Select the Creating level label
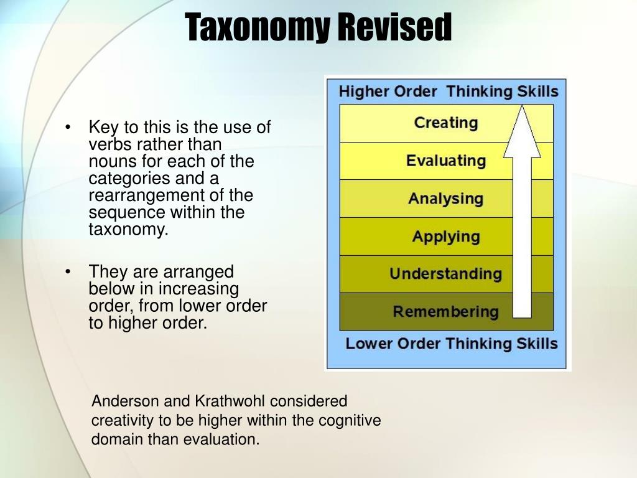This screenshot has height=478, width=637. pos(445,123)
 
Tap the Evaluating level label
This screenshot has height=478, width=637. pos(445,161)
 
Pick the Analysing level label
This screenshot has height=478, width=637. pos(445,199)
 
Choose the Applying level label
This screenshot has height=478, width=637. pos(445,237)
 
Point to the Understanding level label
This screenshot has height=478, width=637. pos(445,274)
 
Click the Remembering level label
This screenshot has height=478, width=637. pos(445,311)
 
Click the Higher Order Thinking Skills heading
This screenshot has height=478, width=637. pos(448,91)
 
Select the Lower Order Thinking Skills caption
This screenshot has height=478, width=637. pos(451,344)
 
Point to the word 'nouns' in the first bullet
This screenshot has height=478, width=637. pos(110,161)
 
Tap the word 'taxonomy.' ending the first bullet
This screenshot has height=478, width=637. pos(128,229)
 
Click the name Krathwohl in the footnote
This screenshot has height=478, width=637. pos(230,401)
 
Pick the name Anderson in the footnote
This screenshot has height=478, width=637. pos(127,401)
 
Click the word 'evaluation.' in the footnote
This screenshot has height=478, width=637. pos(220,439)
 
